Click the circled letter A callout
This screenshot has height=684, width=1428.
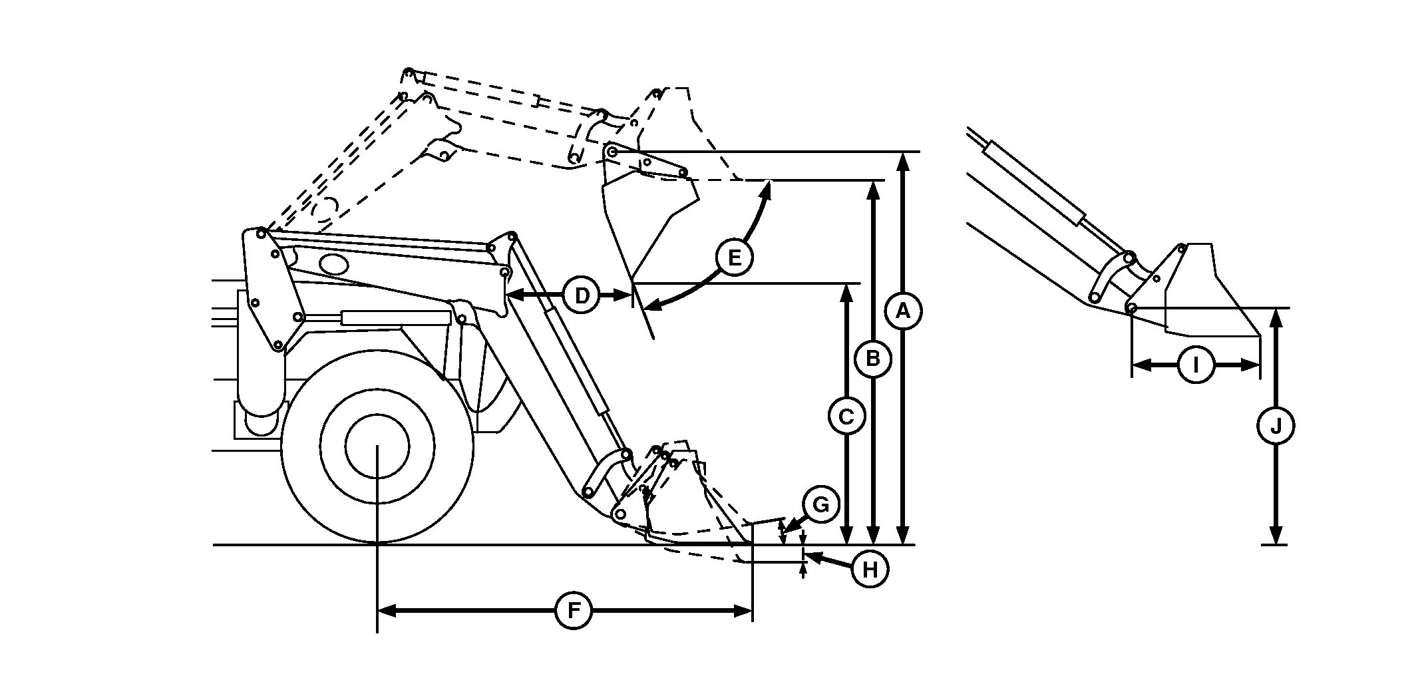point(903,311)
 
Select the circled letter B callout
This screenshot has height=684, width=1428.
point(874,359)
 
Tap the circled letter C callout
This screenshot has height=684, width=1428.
point(846,417)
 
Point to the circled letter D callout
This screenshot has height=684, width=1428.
point(582,295)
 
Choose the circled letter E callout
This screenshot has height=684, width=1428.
point(734,257)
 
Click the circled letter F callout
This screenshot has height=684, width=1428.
point(574,610)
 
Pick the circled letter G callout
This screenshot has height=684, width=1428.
point(821,505)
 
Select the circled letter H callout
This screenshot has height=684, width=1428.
point(870,570)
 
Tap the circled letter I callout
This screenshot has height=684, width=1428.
point(1196,365)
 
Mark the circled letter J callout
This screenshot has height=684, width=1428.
point(1276,427)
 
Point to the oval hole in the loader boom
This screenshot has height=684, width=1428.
point(334,263)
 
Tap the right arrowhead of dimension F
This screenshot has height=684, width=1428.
point(743,611)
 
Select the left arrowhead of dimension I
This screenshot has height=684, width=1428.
point(1141,365)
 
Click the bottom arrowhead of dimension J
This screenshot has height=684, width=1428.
point(1276,536)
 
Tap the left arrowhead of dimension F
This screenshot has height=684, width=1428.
point(387,611)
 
